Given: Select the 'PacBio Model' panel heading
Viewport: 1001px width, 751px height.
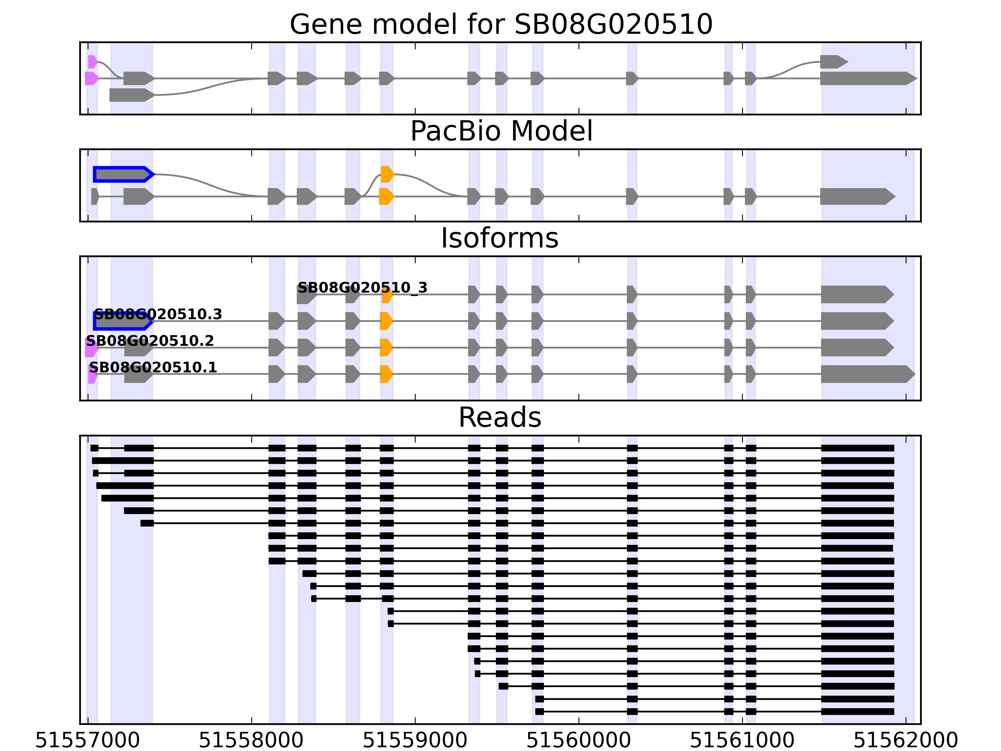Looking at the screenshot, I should click(x=500, y=131).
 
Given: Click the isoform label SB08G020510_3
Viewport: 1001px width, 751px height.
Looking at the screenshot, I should click(x=362, y=288).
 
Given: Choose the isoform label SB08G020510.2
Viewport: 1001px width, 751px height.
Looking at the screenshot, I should click(x=150, y=341).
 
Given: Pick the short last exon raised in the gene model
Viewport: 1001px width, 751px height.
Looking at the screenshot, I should click(x=833, y=62).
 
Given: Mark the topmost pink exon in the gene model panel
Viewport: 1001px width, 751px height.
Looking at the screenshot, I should click(x=92, y=62).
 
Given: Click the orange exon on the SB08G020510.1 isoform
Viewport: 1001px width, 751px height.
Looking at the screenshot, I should click(x=386, y=374).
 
